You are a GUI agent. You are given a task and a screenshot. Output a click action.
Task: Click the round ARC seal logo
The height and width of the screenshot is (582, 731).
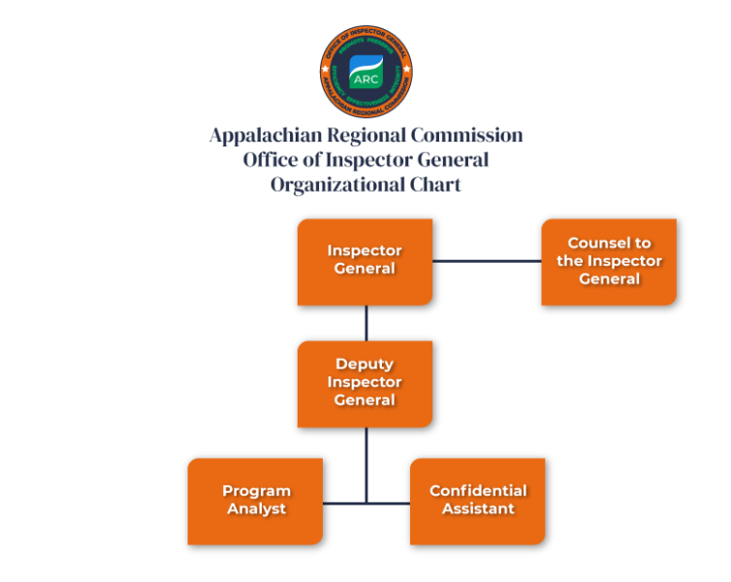pos(365,70)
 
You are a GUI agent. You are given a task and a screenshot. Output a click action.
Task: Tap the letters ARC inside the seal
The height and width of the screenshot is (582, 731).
pos(365,79)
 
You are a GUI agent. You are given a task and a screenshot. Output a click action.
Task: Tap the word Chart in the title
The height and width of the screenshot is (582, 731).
pos(434,184)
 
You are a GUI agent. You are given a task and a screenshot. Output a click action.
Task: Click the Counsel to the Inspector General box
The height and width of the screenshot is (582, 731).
pos(609,262)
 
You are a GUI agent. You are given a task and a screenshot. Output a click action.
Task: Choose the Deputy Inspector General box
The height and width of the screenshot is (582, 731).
pos(365,383)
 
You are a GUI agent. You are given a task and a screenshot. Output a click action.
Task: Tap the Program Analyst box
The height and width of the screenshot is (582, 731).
pos(255,501)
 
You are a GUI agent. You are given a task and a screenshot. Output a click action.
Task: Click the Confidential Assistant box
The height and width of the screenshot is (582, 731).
pos(477,501)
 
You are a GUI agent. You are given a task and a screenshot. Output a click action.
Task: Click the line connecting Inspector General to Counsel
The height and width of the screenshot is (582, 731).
pos(487,261)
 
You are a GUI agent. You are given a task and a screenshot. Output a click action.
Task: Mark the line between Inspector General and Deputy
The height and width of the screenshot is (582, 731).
pos(365,323)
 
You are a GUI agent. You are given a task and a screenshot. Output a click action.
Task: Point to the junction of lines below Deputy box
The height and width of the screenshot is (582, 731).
pos(365,502)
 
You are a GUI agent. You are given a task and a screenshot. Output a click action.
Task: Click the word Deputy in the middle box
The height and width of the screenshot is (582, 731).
pos(365,365)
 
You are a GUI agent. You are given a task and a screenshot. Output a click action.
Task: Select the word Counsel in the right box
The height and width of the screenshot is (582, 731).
pos(609,243)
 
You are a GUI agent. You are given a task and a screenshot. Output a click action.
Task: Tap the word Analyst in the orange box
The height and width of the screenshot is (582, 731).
pos(256,509)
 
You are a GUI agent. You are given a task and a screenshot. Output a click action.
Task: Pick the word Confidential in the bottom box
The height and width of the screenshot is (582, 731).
pos(478,491)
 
